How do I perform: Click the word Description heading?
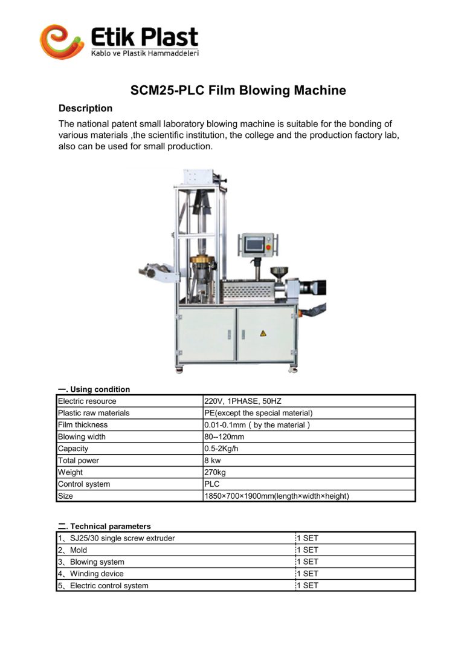pos(85,108)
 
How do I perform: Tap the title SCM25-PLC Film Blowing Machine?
pos(238,91)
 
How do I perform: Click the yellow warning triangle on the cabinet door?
pos(263,333)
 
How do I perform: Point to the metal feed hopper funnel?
pos(279,271)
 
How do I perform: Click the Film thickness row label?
pos(82,425)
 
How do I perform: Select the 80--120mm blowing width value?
pos(224,437)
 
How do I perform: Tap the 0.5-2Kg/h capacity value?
pos(222,449)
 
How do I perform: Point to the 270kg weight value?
pos(215,472)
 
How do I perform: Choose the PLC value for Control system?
pos(212,484)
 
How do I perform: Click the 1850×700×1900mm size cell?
pos(277,496)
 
